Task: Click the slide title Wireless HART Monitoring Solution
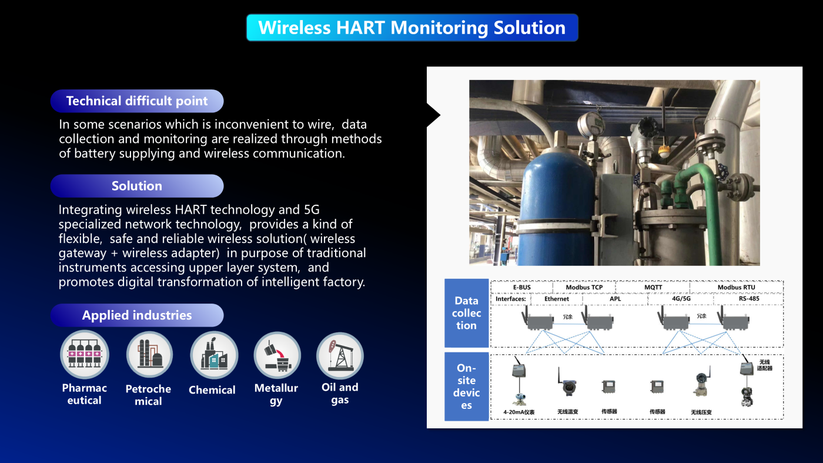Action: click(x=412, y=28)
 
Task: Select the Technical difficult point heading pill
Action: click(x=137, y=101)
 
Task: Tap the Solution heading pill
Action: click(x=137, y=186)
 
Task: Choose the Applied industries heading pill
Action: click(x=137, y=315)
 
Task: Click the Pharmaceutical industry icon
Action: click(x=85, y=355)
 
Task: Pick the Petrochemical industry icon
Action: click(x=149, y=355)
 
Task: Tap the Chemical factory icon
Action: click(x=214, y=355)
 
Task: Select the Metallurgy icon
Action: click(x=277, y=355)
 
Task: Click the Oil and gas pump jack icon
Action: click(x=340, y=355)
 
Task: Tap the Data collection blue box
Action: click(x=466, y=313)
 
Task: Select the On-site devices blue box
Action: click(x=466, y=387)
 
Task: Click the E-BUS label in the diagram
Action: click(x=522, y=287)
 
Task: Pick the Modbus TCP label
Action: click(x=584, y=287)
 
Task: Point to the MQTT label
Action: click(x=653, y=287)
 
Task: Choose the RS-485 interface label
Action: click(x=749, y=299)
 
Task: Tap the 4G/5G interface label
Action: click(x=681, y=299)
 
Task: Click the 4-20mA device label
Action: click(x=518, y=412)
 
